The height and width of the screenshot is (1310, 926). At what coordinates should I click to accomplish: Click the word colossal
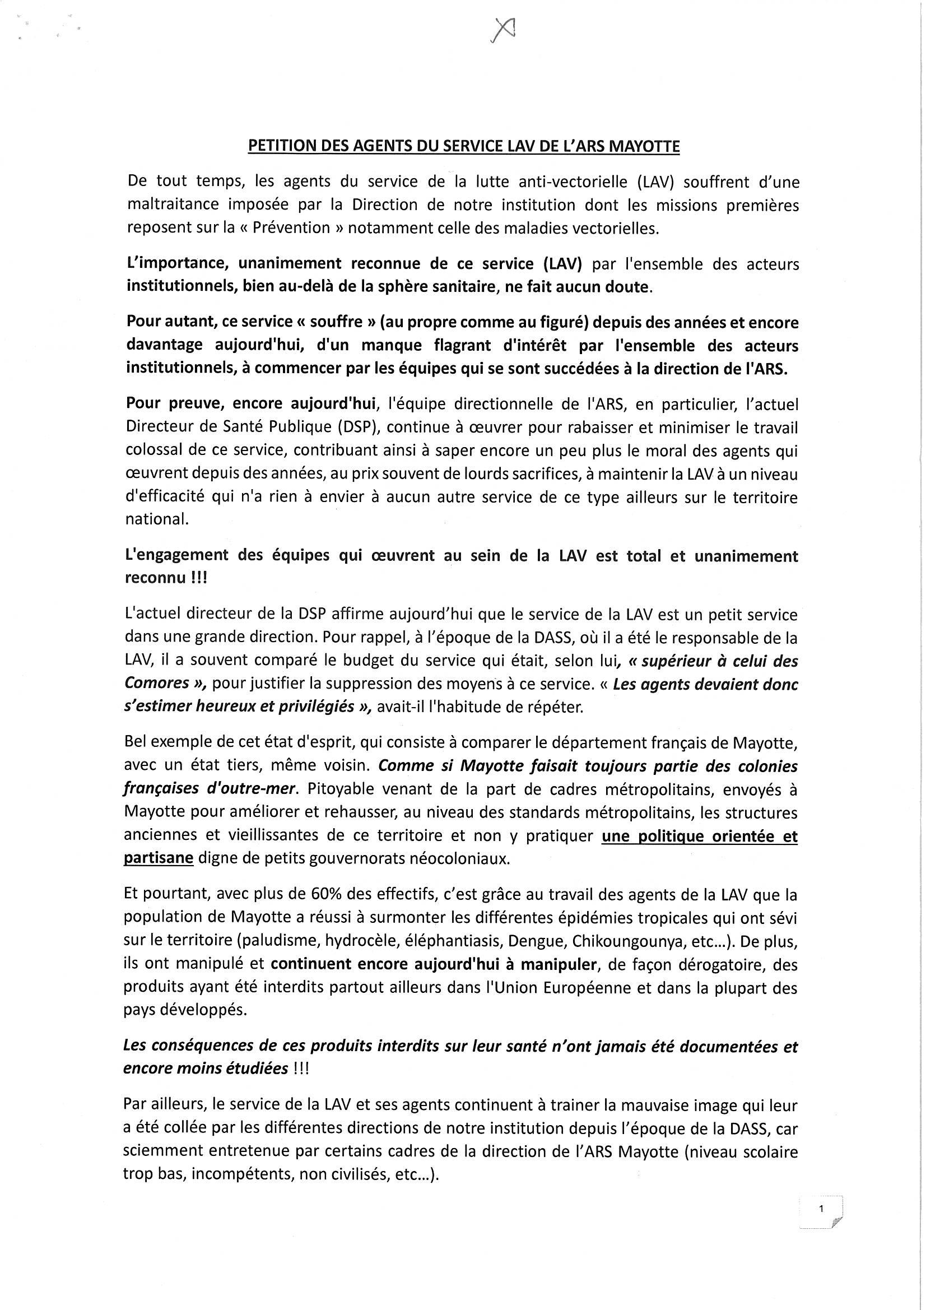151,450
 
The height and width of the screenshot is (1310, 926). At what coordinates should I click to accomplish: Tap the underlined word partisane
159,859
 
